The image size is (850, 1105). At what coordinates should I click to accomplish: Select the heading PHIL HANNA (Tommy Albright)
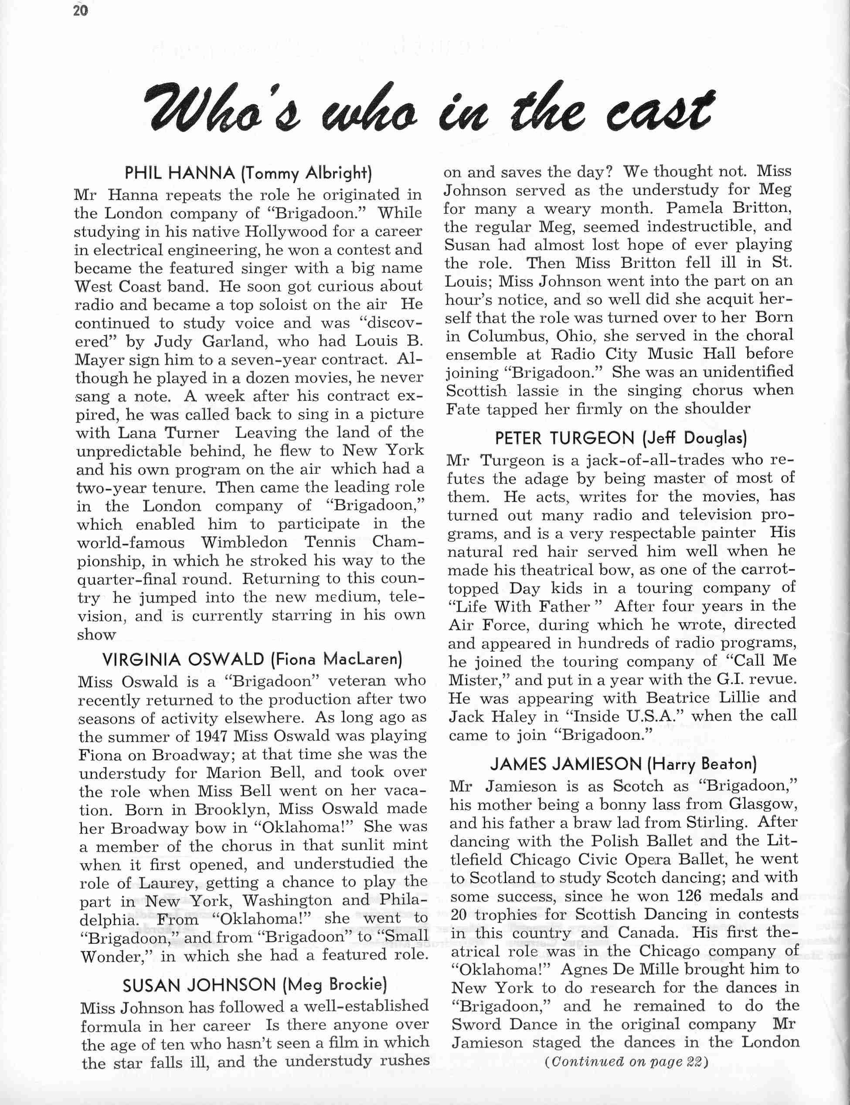(x=248, y=173)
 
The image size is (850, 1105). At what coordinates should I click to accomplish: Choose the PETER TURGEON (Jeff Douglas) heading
(x=621, y=437)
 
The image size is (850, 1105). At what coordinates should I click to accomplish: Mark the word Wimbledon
(x=245, y=542)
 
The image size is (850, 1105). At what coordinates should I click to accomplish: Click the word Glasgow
(x=762, y=804)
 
